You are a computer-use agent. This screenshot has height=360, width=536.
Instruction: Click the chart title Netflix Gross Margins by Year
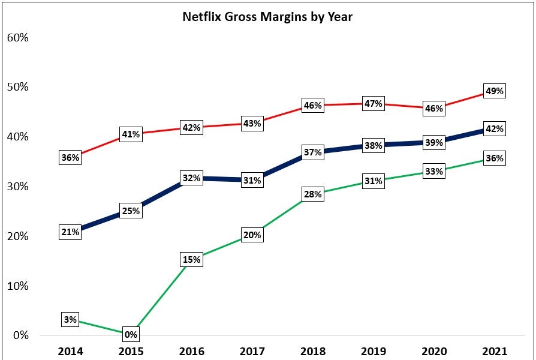coord(267,16)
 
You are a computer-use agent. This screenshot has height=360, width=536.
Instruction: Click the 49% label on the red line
coord(495,91)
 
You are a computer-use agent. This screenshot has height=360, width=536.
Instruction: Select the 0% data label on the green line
coord(131,334)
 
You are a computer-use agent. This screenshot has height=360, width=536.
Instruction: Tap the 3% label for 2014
coord(70,320)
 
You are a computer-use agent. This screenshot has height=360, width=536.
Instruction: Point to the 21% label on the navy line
coord(70,232)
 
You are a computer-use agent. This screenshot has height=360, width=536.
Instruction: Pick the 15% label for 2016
coord(191,259)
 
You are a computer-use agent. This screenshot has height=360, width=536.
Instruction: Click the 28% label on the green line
coord(313,194)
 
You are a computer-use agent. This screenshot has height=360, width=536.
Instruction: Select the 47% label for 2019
coord(374,103)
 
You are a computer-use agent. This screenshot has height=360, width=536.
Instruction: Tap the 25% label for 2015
coord(131,211)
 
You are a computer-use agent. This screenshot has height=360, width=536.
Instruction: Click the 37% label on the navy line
coord(313,152)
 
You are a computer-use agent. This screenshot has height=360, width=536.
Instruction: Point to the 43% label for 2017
coord(252,124)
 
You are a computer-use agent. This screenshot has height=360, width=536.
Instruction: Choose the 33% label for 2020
coord(434,172)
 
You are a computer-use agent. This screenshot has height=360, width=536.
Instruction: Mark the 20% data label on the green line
coord(252,235)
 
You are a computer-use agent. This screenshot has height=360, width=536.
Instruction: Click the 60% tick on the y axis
coord(18,37)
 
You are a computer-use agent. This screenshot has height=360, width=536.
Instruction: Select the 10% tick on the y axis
coord(18,286)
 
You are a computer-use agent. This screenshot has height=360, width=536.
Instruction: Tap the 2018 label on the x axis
coord(312,351)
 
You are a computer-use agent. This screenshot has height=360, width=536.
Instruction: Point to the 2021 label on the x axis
coord(495,351)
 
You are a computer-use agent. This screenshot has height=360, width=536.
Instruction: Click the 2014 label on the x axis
coord(70,351)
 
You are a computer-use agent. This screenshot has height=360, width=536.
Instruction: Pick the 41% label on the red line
coord(131,134)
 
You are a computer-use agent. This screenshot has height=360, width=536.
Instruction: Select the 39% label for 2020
coord(434,142)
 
